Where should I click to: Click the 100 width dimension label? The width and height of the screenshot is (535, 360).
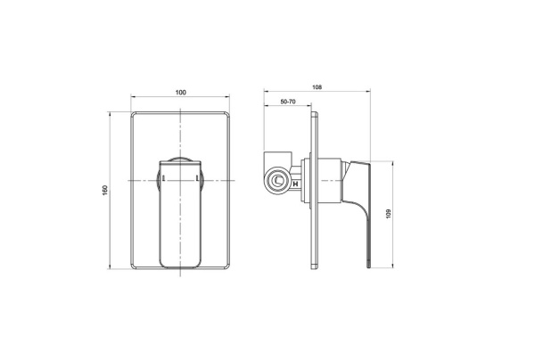click(181, 93)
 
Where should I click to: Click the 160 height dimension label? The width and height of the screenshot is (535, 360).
click(104, 190)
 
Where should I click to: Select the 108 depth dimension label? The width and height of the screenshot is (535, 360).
click(317, 87)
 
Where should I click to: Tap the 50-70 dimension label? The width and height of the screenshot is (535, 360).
click(288, 104)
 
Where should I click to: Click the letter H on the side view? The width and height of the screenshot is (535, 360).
click(296, 186)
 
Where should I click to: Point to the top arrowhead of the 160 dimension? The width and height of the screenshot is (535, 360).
click(111, 114)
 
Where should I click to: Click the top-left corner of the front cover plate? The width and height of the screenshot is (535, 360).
click(134, 113)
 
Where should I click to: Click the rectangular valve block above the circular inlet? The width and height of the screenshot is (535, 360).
click(279, 158)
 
